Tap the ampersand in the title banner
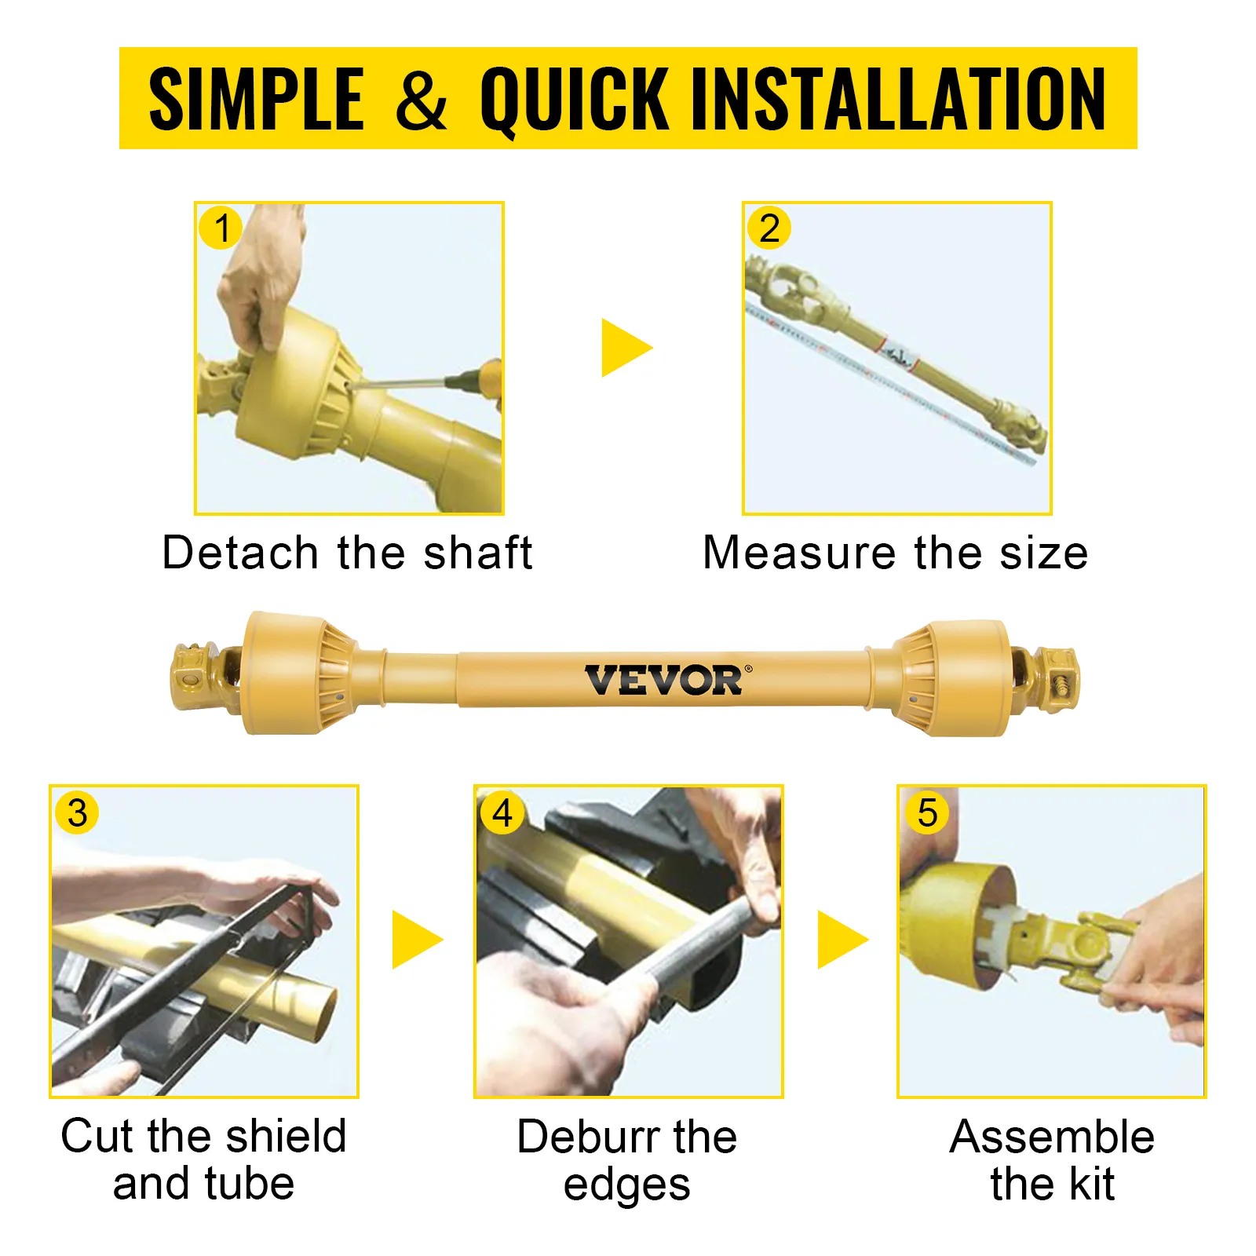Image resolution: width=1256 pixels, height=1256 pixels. point(421,98)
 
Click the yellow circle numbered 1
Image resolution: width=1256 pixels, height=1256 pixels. point(221,228)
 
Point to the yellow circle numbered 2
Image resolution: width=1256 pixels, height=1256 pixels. point(769,228)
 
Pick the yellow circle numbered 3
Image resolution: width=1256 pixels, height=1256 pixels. point(77,812)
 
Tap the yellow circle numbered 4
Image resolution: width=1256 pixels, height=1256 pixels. point(502,812)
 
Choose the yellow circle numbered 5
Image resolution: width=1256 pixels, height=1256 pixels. point(926,812)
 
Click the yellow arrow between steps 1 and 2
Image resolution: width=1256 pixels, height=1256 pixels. point(626,348)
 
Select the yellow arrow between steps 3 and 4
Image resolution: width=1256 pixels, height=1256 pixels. point(417,940)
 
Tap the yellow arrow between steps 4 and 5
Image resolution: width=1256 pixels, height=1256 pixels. point(842,940)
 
